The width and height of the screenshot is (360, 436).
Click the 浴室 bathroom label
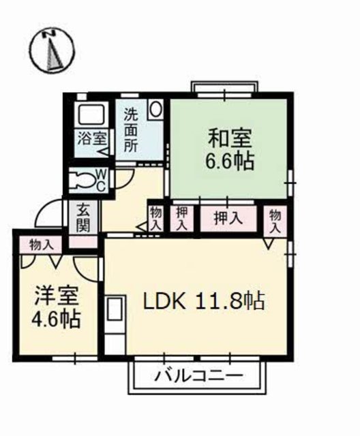pos(90,137)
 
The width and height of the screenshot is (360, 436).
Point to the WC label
pos(100,181)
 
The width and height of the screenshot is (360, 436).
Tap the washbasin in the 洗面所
pos(155,109)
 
